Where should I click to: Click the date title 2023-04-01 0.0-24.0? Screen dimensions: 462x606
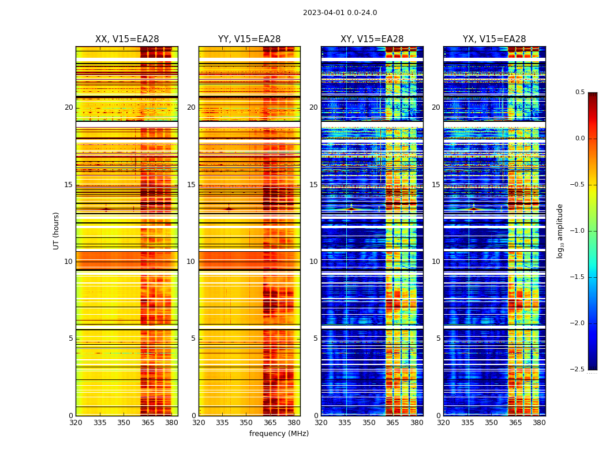340,13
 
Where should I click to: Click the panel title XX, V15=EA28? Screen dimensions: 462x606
127,39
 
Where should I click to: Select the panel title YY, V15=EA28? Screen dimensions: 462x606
249,39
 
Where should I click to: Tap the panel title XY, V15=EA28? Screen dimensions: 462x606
372,39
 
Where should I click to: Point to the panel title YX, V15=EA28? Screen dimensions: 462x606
494,39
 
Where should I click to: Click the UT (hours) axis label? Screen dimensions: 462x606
57,230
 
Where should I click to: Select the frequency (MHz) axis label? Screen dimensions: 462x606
279,434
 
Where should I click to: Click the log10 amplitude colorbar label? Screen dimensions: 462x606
560,230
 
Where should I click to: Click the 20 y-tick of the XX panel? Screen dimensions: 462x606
69,107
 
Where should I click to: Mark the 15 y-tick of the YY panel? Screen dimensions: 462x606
192,185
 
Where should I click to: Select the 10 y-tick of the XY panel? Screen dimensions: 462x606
314,262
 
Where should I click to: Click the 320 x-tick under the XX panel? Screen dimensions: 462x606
76,423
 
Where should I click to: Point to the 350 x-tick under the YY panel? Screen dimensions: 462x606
246,423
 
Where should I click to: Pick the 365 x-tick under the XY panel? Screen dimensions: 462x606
392,423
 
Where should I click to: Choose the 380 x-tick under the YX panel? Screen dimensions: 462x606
539,423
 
